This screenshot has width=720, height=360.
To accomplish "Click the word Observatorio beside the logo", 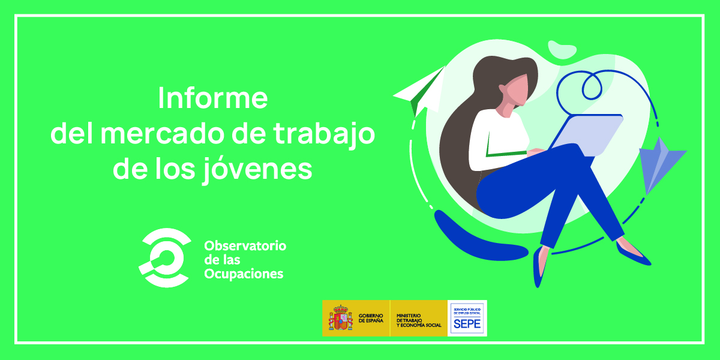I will click(245, 246).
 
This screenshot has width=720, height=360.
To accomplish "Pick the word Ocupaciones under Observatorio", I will click(244, 274).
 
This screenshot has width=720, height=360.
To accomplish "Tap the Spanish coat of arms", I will click(340, 317).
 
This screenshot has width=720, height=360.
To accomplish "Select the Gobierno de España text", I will click(371, 318).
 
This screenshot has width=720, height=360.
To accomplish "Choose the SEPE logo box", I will click(467, 318).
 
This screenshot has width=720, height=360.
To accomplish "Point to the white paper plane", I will click(420, 90).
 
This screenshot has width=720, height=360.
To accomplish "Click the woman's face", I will click(514, 90).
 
